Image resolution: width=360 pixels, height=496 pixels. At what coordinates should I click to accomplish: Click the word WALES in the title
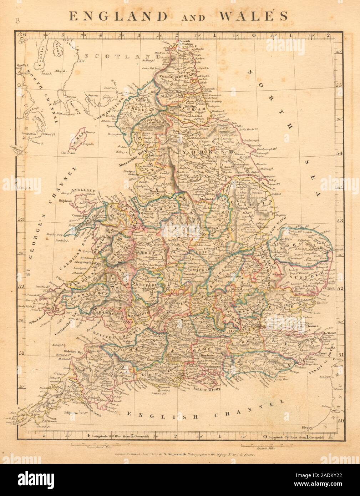click(255, 16)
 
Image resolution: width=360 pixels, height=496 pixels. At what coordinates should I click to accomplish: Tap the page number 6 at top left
click(17, 20)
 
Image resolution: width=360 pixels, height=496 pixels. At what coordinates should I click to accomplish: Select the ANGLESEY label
click(82, 190)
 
